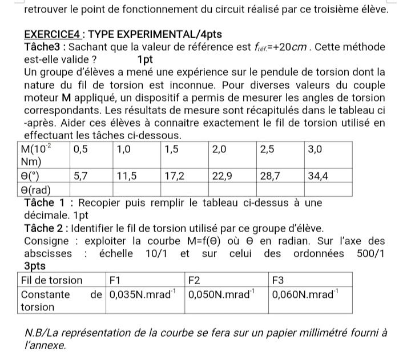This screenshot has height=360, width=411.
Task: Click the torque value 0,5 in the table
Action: coord(81,150)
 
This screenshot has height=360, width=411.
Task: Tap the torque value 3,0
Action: coord(315,150)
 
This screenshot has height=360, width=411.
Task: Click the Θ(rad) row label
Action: coord(37,189)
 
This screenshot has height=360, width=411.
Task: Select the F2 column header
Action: coord(195,280)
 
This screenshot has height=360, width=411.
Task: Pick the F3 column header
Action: coord(278,280)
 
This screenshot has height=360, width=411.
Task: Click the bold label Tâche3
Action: coord(42,47)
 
